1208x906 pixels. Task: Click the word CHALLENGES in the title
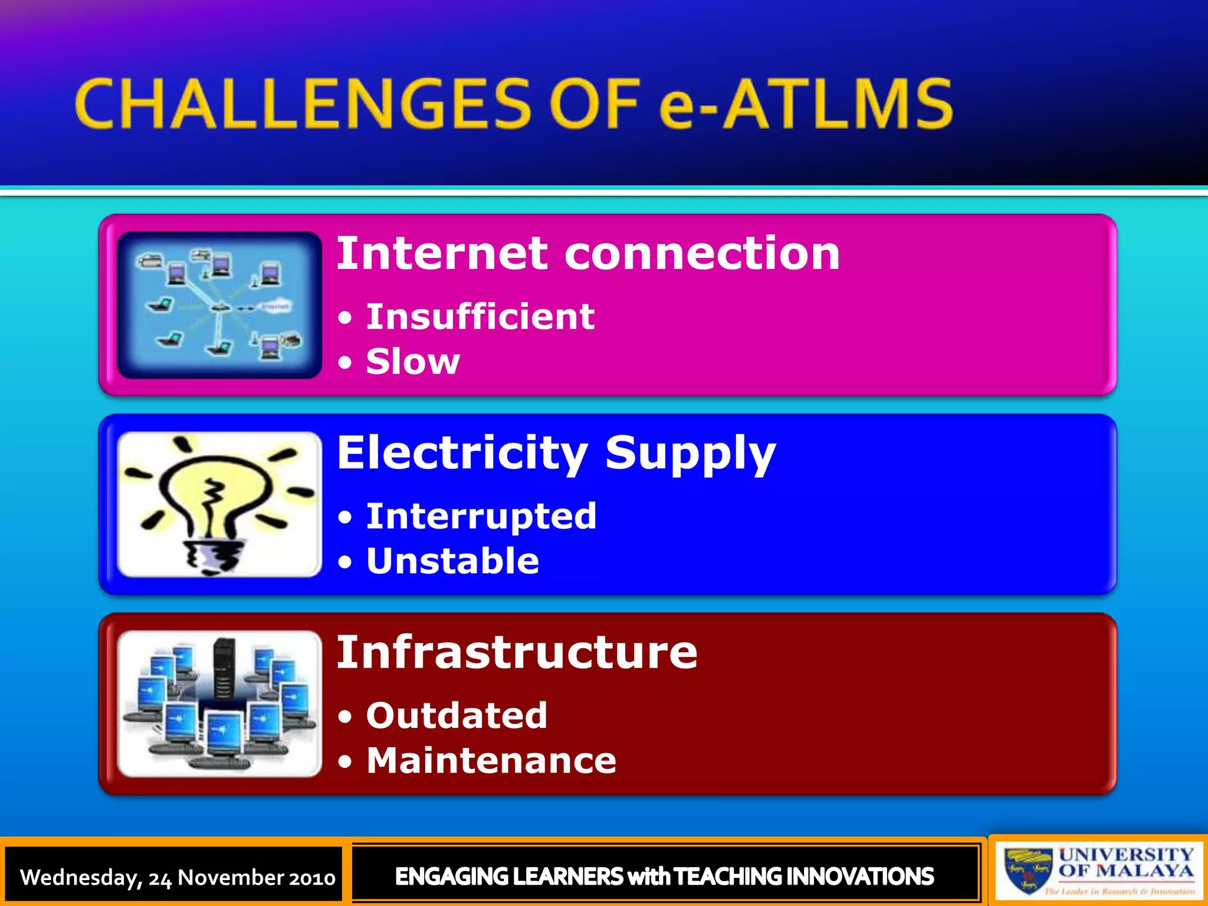pos(304,104)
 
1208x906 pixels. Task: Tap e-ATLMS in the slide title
pos(805,104)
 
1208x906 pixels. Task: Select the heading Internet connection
pos(588,254)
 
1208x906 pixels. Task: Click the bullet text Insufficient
pos(480,317)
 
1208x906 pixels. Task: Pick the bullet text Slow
pos(413,361)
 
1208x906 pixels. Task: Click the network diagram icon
pos(219,305)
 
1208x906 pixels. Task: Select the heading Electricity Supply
pos(556,453)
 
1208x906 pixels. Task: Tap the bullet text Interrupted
pos(481,516)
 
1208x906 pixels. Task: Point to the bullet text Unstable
pos(452,560)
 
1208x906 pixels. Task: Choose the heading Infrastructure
pos(517,652)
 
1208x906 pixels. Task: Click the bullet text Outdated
pos(457,715)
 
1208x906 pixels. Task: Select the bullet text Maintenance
pos(491,760)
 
